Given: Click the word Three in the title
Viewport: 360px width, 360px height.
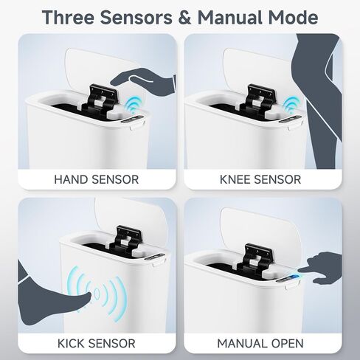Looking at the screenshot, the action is coord(68,17).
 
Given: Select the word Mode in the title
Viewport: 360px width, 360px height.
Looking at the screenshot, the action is coord(293,17).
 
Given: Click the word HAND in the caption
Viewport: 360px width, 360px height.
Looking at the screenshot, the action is coord(71,179).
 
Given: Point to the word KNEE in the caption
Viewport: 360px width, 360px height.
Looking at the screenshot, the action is coord(235,179).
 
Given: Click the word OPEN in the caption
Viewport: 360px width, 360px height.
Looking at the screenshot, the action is coord(288,344).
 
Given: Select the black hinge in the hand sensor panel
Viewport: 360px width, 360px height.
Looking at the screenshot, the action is coord(100,100).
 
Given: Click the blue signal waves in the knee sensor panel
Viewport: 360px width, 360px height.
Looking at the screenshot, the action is coord(291,105).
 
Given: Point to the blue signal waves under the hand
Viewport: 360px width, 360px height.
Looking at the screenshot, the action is coord(134,105).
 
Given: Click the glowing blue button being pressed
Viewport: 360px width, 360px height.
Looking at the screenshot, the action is coord(294,277).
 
